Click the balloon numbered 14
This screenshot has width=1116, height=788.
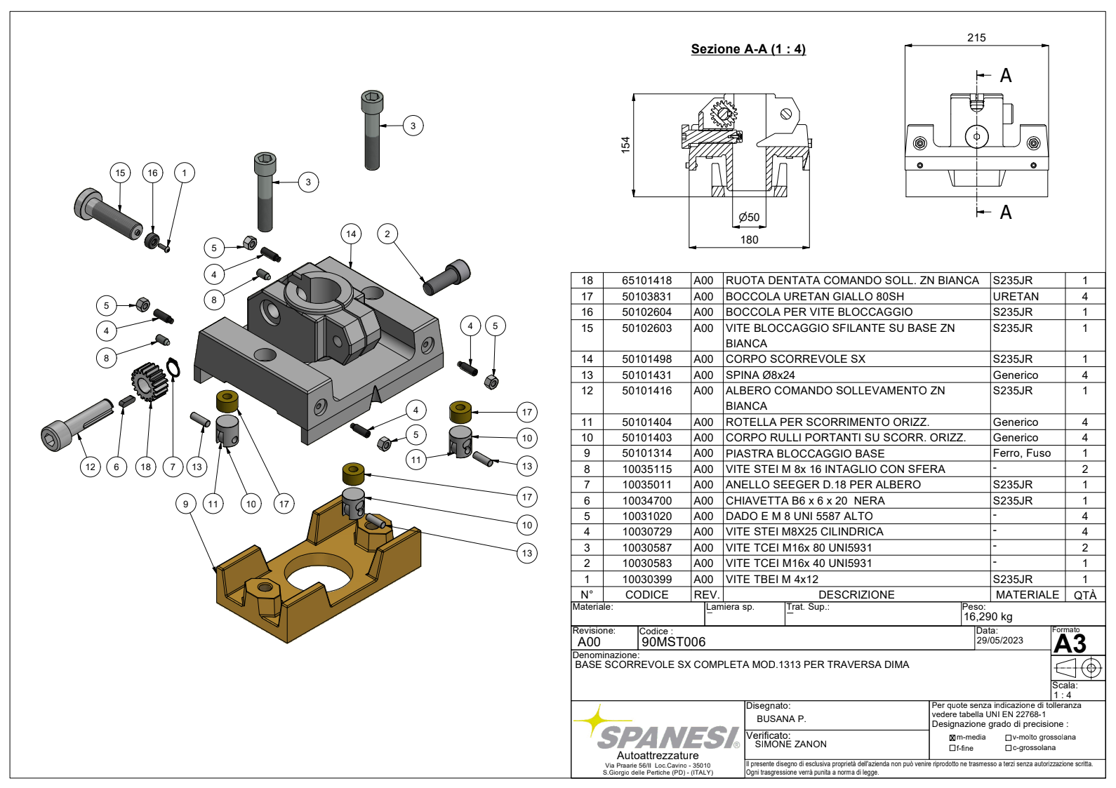click(351, 234)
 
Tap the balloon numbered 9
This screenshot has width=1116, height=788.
click(185, 503)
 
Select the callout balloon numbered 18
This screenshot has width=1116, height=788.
click(145, 467)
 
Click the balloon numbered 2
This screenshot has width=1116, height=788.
click(387, 234)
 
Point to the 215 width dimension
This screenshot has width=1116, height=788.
click(976, 38)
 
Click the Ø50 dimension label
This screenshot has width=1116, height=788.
click(749, 218)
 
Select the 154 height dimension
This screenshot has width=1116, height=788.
click(625, 145)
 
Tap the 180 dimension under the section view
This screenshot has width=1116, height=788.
click(749, 240)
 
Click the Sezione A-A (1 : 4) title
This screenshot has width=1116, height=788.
click(748, 49)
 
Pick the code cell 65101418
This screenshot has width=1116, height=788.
click(646, 281)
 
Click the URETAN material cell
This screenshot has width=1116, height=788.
click(1015, 296)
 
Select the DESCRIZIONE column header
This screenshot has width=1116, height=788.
click(856, 595)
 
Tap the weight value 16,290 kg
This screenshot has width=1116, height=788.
click(988, 617)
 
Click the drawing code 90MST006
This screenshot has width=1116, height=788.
click(673, 642)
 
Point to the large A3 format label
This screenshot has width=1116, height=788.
click(1070, 644)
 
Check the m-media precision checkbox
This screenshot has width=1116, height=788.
click(952, 737)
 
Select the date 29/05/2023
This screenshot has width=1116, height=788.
click(999, 641)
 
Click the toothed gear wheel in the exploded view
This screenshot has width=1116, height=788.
click(149, 382)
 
